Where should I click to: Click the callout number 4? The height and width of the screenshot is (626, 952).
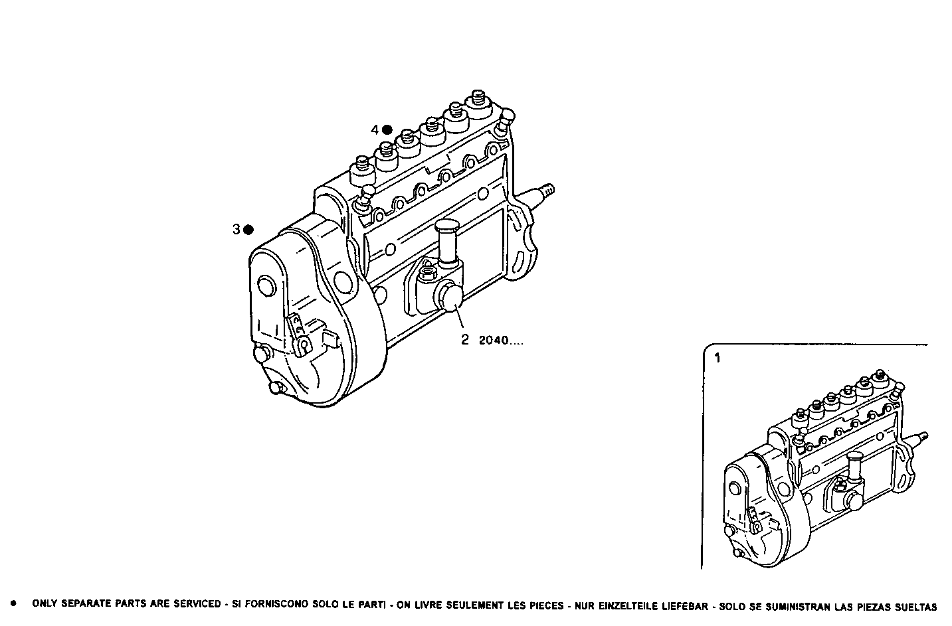click(x=375, y=129)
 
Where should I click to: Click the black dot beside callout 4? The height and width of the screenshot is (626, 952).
click(x=387, y=129)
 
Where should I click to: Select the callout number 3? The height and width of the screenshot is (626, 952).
click(x=236, y=230)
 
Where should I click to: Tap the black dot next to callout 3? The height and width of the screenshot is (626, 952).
click(x=248, y=230)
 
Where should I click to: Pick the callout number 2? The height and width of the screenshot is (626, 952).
click(x=465, y=341)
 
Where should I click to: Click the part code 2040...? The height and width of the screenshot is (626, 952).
click(x=500, y=341)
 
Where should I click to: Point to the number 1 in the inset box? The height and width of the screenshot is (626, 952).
click(x=717, y=358)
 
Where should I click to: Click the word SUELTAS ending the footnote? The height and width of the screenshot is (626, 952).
click(x=916, y=605)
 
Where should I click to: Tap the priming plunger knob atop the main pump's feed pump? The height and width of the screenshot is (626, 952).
click(x=448, y=228)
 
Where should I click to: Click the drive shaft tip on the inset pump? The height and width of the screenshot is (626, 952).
click(x=923, y=437)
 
